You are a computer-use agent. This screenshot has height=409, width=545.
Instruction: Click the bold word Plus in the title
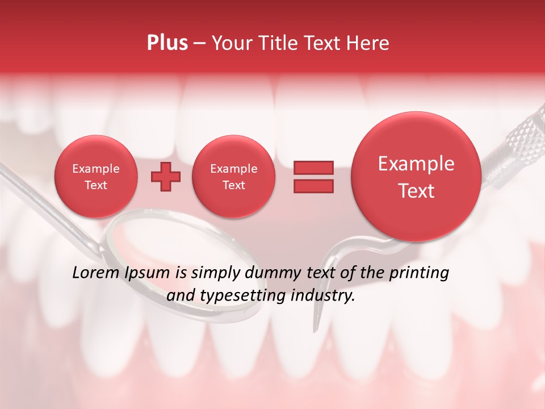tap(167, 43)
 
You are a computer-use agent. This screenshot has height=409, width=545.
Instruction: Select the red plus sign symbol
tap(165, 177)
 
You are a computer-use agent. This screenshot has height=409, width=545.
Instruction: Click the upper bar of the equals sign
tap(313, 168)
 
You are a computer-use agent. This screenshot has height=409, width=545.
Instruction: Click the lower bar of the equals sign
tap(313, 186)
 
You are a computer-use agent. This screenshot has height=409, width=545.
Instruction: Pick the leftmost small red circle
tap(95, 177)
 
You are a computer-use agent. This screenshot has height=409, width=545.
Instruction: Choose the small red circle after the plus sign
tap(233, 177)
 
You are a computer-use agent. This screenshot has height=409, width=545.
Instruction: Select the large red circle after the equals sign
tap(416, 177)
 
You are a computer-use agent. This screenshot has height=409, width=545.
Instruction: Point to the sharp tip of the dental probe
tap(314, 329)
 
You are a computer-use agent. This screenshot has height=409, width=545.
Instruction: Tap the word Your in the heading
tap(230, 43)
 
